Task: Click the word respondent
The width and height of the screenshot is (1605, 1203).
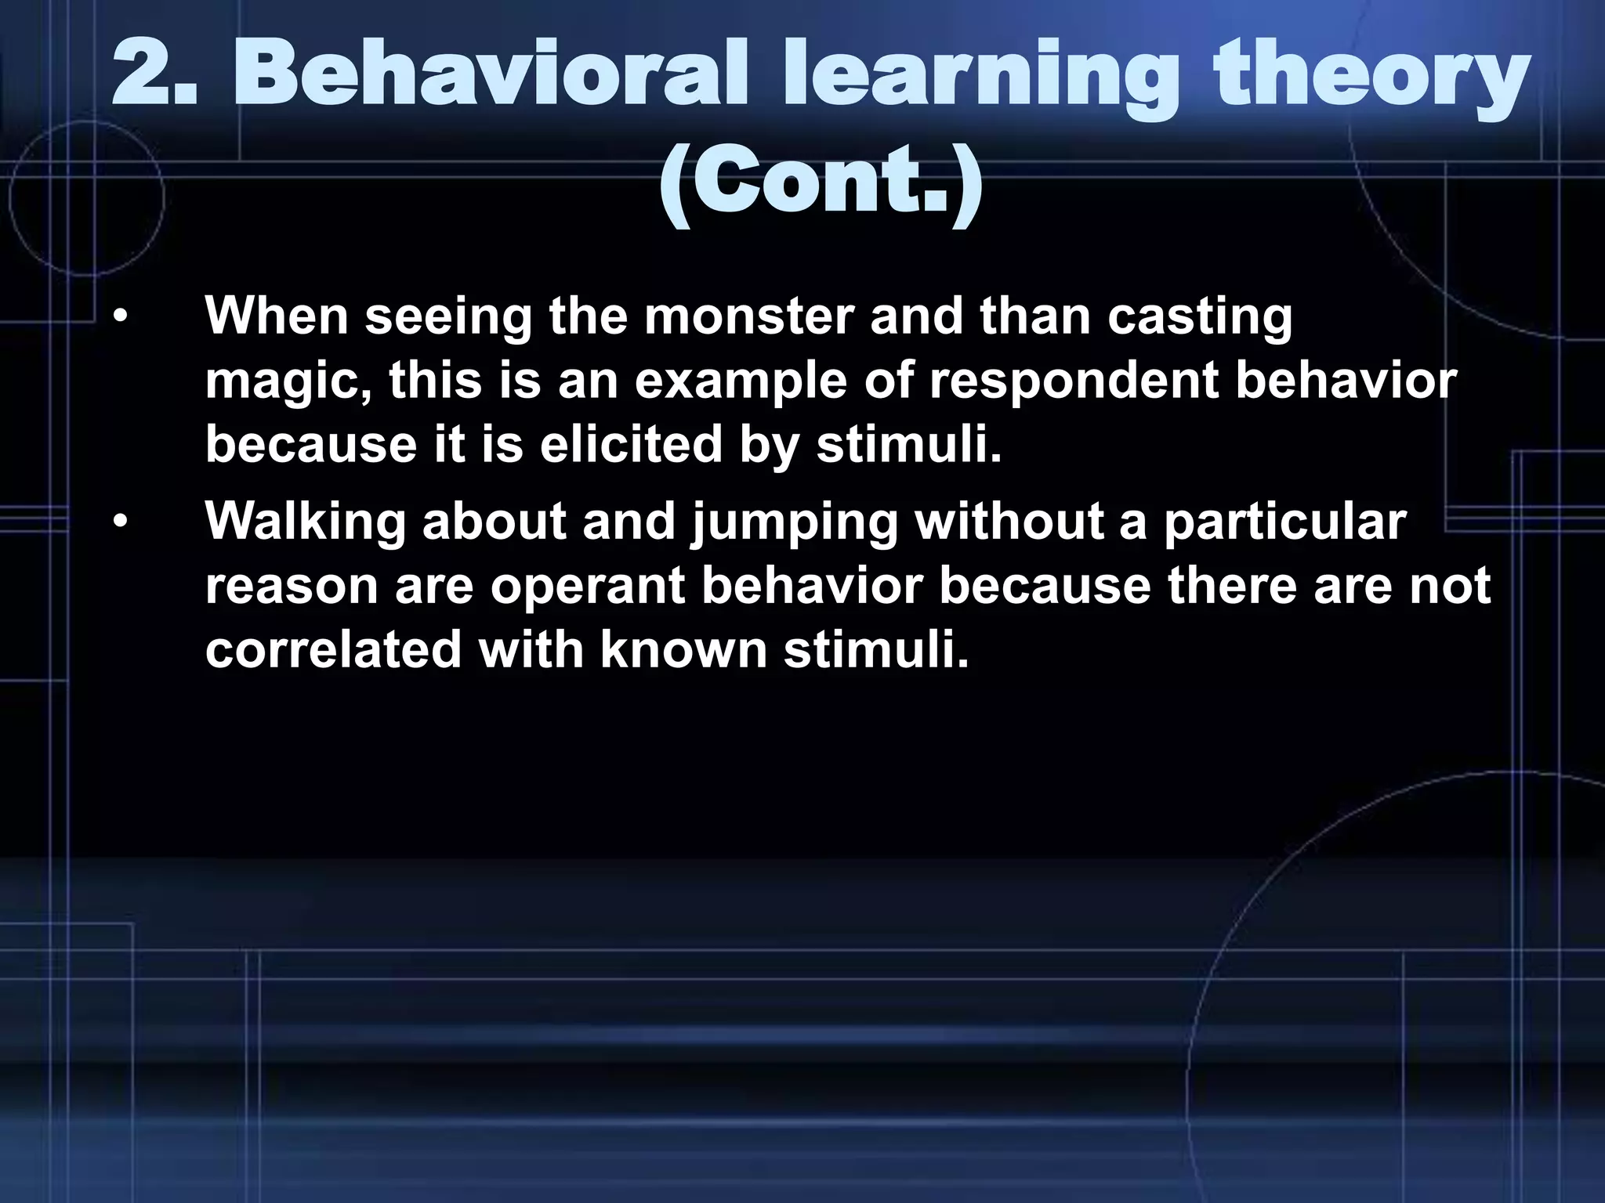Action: (1074, 381)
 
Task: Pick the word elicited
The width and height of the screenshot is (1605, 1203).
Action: (631, 444)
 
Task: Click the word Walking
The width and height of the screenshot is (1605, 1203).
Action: (306, 521)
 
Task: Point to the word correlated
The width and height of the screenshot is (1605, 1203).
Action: (333, 649)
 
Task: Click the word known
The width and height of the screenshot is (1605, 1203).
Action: (683, 649)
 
